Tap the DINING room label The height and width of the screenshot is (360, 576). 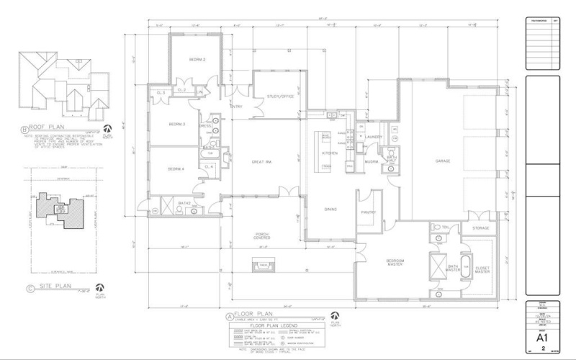330,210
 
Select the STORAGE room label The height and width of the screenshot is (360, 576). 480,228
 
